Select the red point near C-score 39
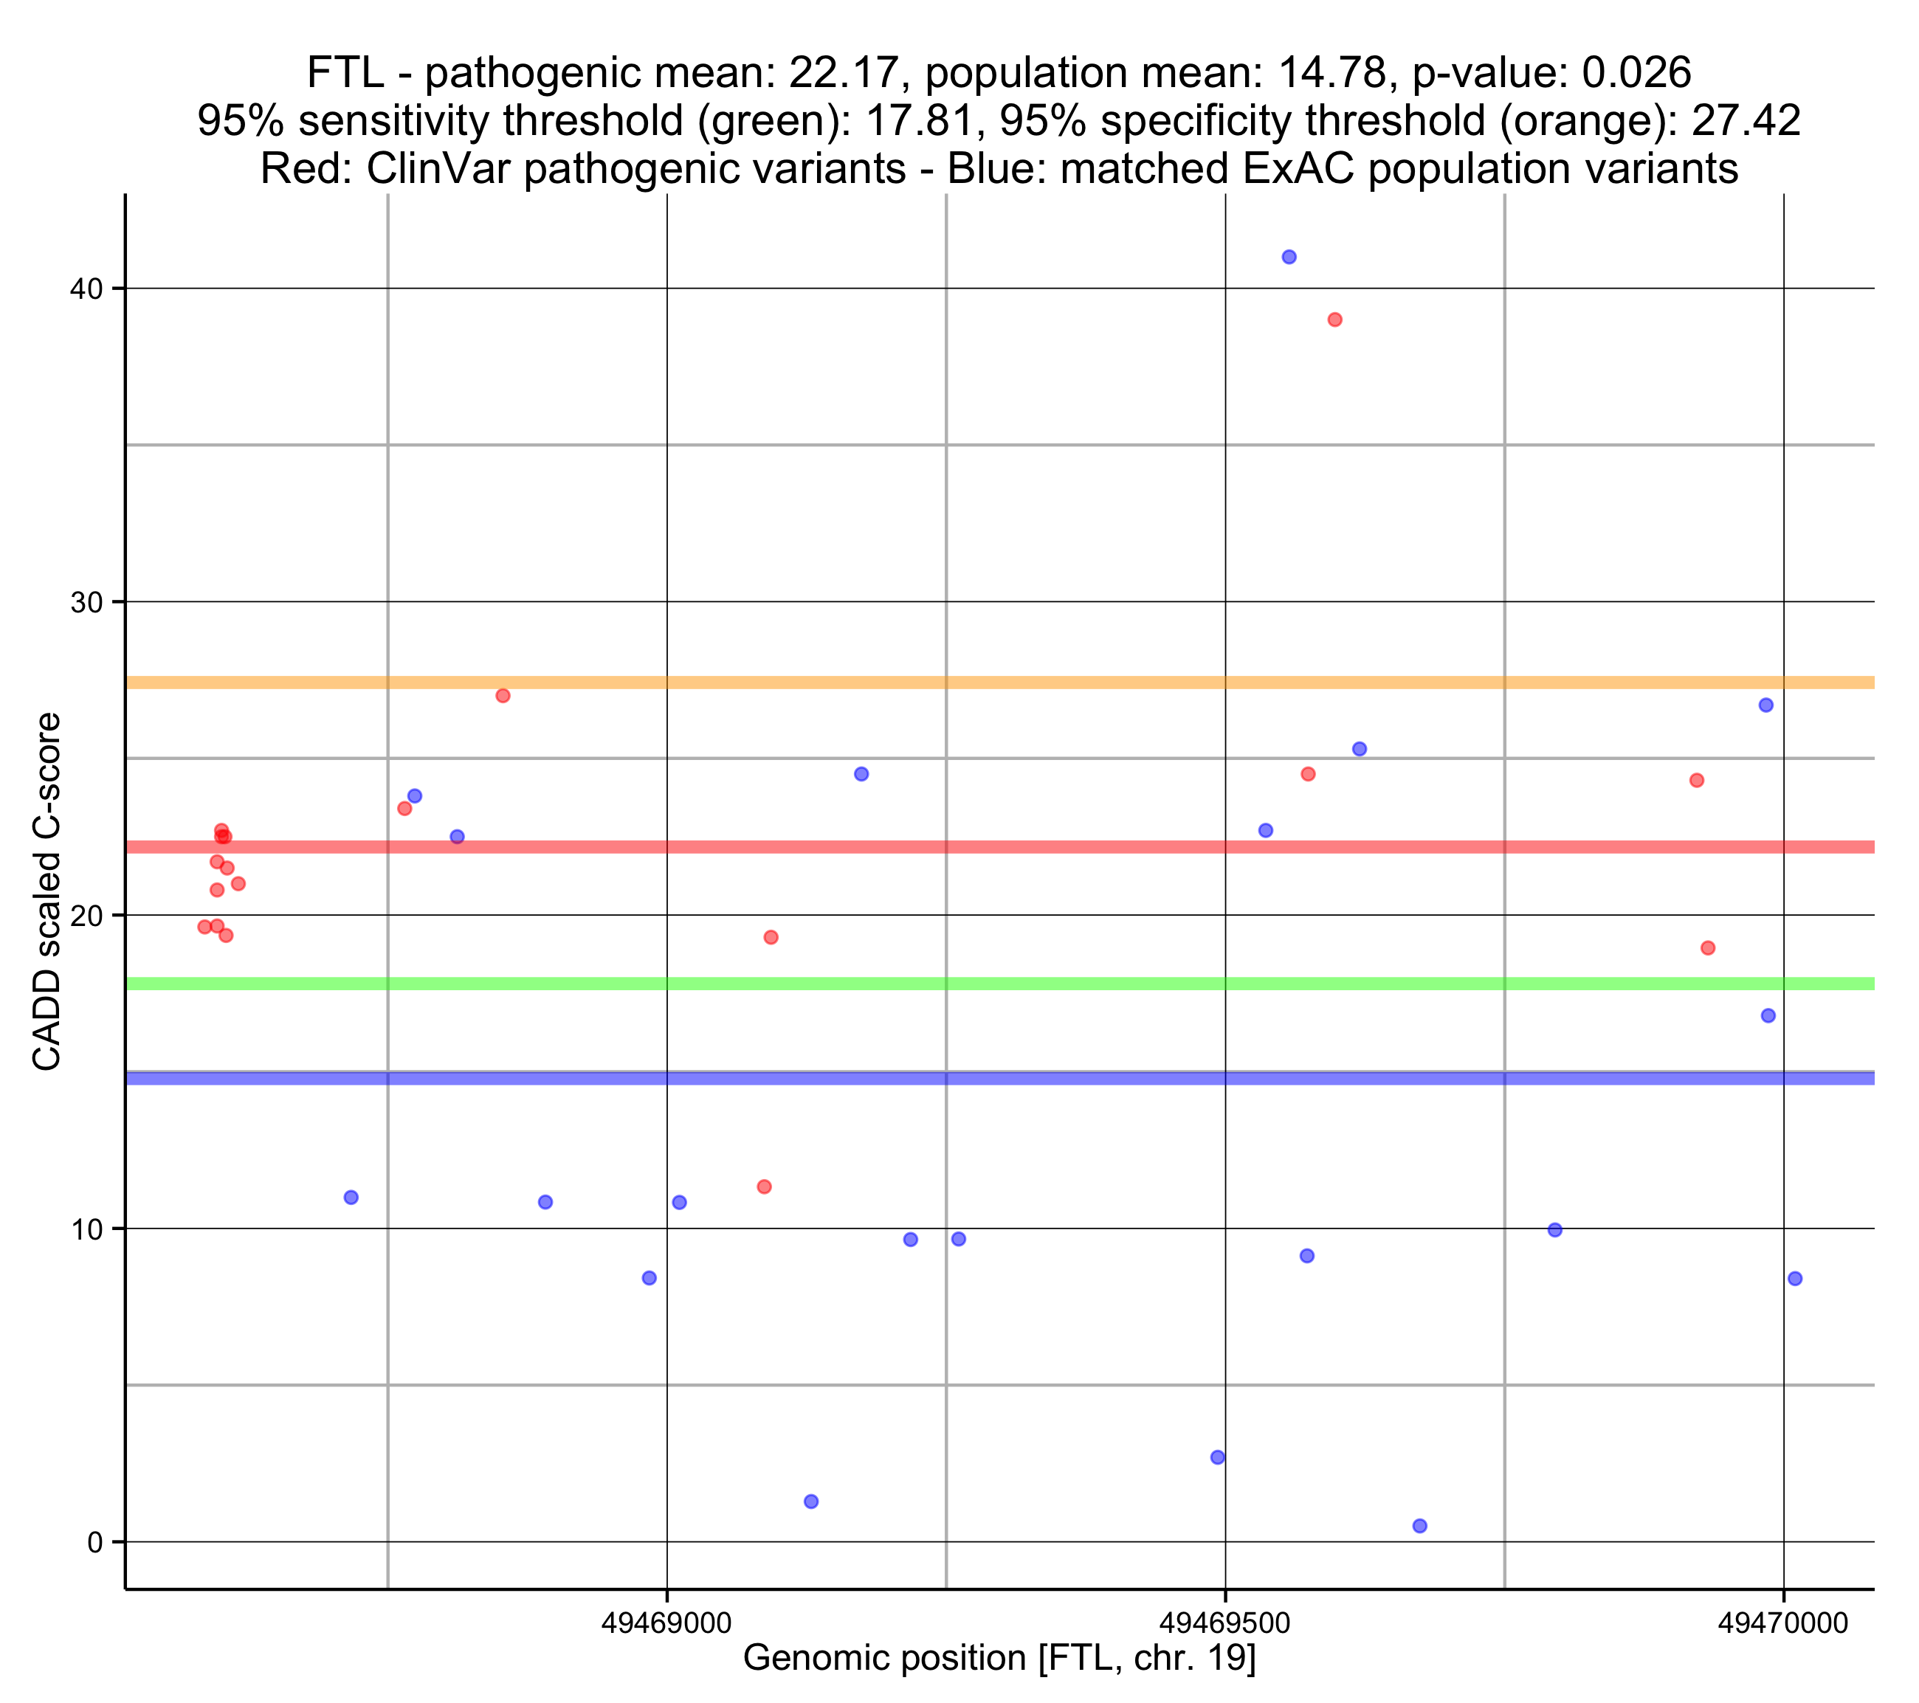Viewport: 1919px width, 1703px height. point(1335,320)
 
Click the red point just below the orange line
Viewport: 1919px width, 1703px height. point(503,696)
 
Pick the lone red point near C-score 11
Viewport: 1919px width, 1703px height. point(764,1186)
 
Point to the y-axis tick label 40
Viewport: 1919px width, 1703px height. point(86,289)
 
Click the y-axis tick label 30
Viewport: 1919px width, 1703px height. point(86,602)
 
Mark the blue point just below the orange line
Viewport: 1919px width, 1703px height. point(1766,705)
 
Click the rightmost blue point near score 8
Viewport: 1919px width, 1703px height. point(1795,1279)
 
